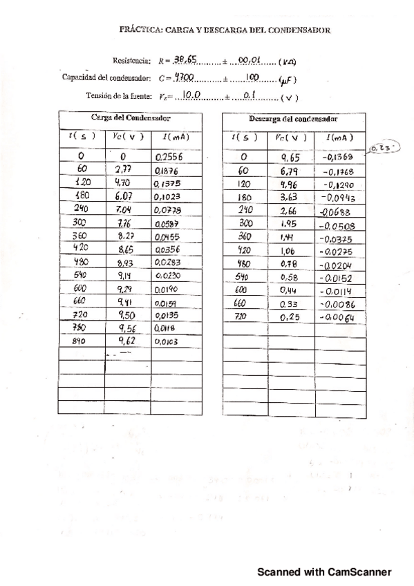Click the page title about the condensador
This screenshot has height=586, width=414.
coord(225,30)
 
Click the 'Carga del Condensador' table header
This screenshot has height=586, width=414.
coord(130,117)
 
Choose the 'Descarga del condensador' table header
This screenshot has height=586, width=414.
coord(294,118)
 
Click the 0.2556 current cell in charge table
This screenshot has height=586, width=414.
coord(170,157)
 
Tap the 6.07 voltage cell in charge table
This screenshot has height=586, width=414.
coord(124,196)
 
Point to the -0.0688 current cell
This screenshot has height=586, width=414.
coord(335,210)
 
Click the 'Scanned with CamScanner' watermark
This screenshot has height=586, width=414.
coord(324,571)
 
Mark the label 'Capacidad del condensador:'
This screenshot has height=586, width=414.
coord(102,77)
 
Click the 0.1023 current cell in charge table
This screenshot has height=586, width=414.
coord(170,196)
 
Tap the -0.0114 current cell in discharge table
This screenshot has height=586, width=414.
coord(337,291)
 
